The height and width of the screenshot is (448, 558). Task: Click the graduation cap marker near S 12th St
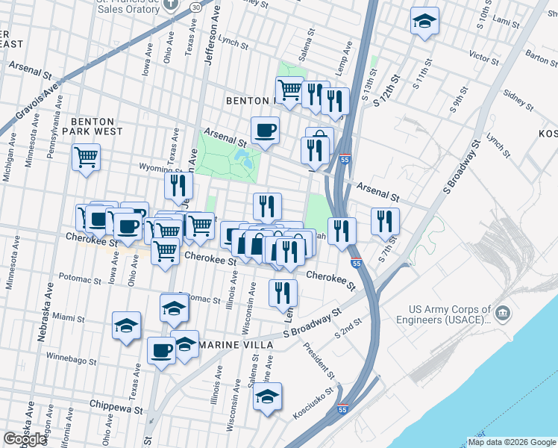click(424, 21)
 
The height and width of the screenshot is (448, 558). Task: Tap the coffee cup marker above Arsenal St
click(265, 131)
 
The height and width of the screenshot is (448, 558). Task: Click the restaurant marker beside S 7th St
click(385, 220)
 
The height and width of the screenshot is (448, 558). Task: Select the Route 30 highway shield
click(195, 6)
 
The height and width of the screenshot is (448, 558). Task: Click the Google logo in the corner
click(25, 439)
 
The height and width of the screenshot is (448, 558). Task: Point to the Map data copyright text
click(511, 442)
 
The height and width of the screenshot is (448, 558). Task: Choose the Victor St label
click(483, 56)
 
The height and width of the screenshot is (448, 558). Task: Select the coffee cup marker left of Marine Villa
click(161, 350)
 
